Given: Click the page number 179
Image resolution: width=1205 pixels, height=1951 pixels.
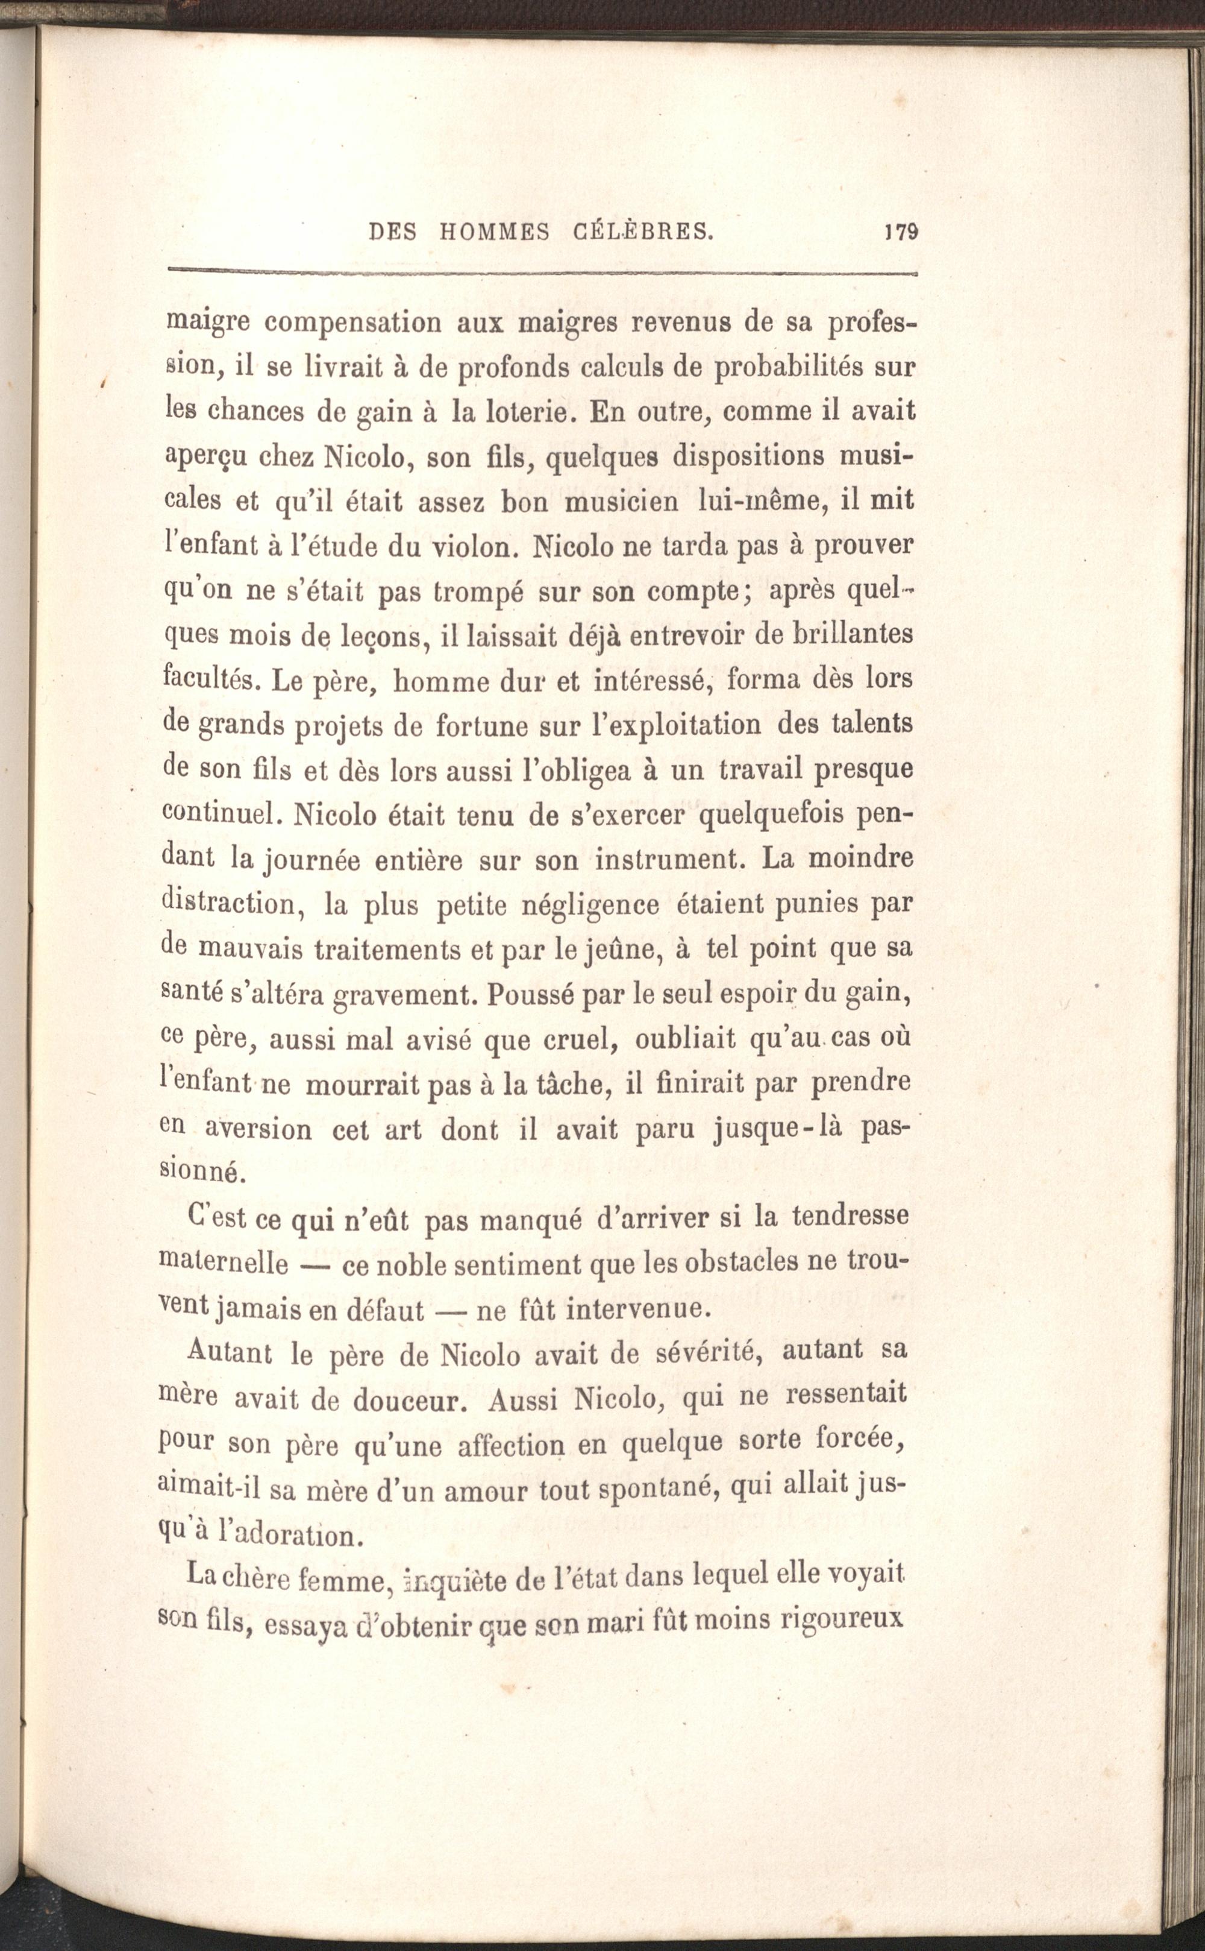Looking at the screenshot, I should (902, 232).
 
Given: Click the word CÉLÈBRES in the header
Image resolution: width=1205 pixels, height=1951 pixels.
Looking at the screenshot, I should (643, 232).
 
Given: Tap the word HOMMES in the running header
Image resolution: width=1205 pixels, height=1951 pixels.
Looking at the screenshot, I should (494, 232).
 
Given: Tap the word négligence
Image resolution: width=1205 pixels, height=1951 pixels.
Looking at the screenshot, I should (590, 907).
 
